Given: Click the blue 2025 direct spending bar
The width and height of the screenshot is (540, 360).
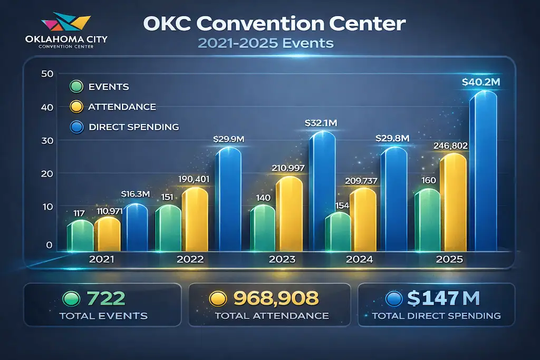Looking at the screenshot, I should [x=484, y=171].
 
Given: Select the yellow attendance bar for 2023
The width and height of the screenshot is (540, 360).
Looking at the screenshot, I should [x=289, y=213].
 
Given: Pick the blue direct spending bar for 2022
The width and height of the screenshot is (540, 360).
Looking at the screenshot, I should [x=228, y=199].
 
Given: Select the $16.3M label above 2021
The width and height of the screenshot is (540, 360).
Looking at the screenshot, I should [x=136, y=194].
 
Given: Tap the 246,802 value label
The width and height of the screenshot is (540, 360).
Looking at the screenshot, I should [x=450, y=145].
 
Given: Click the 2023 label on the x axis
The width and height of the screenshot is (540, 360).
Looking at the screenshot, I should [x=283, y=259].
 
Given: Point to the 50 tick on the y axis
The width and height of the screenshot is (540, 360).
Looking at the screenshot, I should [x=47, y=74].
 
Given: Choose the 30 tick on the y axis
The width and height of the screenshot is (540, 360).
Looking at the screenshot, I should [x=47, y=141].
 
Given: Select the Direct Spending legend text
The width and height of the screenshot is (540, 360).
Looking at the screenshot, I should [x=134, y=127].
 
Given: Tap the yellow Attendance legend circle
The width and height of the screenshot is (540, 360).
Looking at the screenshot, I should [x=76, y=107].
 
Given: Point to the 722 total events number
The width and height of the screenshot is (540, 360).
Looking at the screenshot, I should [x=107, y=299].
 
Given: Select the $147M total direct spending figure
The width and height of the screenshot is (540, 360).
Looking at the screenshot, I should [x=443, y=299].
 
